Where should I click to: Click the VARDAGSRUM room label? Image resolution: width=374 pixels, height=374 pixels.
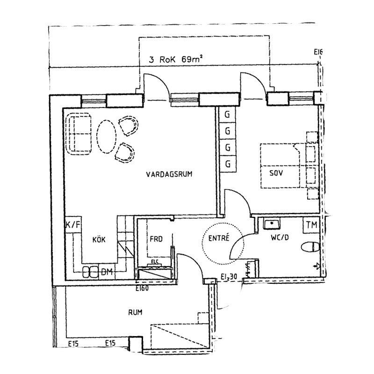pos(169,174)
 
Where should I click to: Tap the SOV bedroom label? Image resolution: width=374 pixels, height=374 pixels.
pos(276,173)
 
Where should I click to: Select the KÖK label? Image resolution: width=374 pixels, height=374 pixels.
pos(99,239)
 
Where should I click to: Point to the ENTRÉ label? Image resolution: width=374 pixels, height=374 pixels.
pos(219,238)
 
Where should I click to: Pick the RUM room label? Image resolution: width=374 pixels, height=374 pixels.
pos(135,312)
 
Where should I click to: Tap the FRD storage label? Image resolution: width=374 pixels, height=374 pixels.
pos(156,239)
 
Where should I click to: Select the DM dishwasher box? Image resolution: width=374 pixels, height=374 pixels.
pos(107,272)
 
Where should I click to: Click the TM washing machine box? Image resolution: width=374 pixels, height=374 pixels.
pos(311,225)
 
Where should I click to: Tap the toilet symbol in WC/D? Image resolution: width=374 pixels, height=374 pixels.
pos(310,247)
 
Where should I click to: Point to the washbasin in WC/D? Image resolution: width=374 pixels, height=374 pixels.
pos(272,223)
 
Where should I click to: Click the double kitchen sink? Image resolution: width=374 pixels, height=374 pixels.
pos(90,272)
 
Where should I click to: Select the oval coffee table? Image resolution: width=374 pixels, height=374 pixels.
pos(106,136)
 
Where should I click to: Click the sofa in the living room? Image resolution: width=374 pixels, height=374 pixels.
pos(79,134)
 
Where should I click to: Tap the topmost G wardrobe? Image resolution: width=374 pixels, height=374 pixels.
pos(228,115)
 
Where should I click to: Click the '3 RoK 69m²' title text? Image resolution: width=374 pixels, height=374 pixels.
pos(176,59)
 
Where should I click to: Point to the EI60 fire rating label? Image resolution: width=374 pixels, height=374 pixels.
pos(142,288)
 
